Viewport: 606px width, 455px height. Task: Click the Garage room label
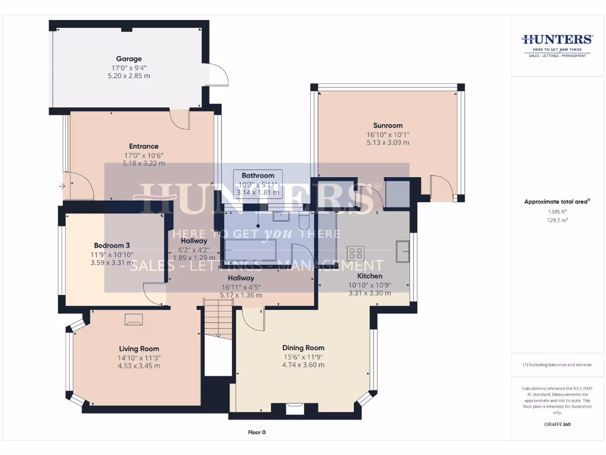pyautogui.click(x=128, y=59)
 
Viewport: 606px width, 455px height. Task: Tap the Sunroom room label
pyautogui.click(x=388, y=125)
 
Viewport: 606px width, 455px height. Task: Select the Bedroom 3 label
pyautogui.click(x=112, y=245)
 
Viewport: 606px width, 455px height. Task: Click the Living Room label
pyautogui.click(x=139, y=349)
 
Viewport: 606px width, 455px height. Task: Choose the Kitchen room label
pyautogui.click(x=369, y=276)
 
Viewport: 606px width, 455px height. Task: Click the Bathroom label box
pyautogui.click(x=258, y=184)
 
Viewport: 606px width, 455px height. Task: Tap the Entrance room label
pyautogui.click(x=144, y=146)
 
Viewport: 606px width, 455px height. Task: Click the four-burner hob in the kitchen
pyautogui.click(x=356, y=253)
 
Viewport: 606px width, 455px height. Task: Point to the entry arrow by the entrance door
pyautogui.click(x=62, y=187)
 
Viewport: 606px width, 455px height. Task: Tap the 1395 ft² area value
pyautogui.click(x=557, y=212)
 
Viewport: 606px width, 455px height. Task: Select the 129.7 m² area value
pyautogui.click(x=557, y=220)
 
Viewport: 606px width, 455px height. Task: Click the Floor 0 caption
pyautogui.click(x=256, y=432)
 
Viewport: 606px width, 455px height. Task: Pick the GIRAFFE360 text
pyautogui.click(x=557, y=424)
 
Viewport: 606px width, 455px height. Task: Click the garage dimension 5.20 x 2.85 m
pyautogui.click(x=128, y=76)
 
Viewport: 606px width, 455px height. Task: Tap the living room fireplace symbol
pyautogui.click(x=133, y=320)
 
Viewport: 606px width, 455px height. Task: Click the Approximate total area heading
pyautogui.click(x=556, y=202)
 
